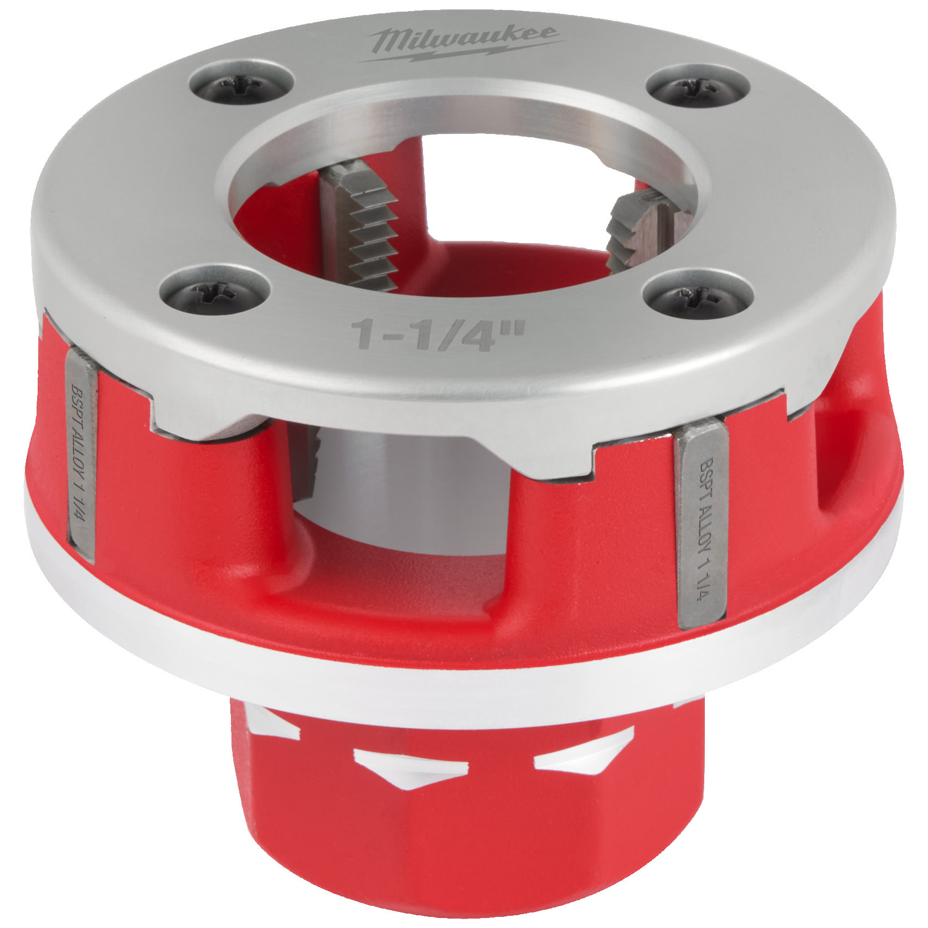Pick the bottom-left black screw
215,290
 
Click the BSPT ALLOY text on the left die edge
81,454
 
